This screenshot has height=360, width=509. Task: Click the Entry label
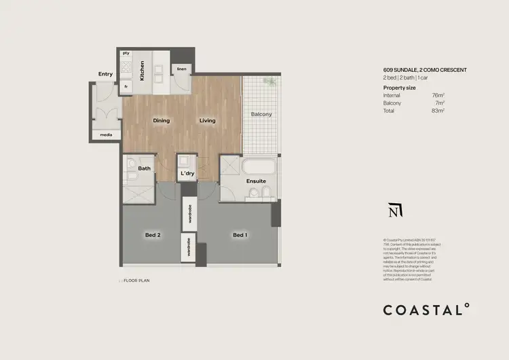(105, 74)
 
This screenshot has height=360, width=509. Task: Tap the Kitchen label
(143, 71)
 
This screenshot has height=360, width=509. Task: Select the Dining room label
(162, 121)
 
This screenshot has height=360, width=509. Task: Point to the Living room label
(207, 121)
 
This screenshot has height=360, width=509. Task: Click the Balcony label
(261, 114)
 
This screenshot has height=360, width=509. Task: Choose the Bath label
(144, 168)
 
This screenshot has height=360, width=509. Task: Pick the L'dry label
(188, 174)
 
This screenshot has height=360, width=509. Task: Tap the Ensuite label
(256, 181)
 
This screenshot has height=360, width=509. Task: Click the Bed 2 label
(153, 235)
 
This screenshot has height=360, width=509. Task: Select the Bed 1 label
(240, 235)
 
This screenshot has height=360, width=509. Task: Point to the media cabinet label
(106, 134)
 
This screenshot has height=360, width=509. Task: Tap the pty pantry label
(126, 53)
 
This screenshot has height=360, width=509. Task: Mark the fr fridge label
(126, 86)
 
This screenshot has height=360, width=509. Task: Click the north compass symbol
(393, 211)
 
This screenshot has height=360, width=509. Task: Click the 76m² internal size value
(438, 96)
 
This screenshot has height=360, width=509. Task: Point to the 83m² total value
(438, 110)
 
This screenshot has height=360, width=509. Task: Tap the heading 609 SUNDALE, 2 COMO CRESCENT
(425, 70)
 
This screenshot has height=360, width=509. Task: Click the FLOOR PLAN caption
(136, 279)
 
